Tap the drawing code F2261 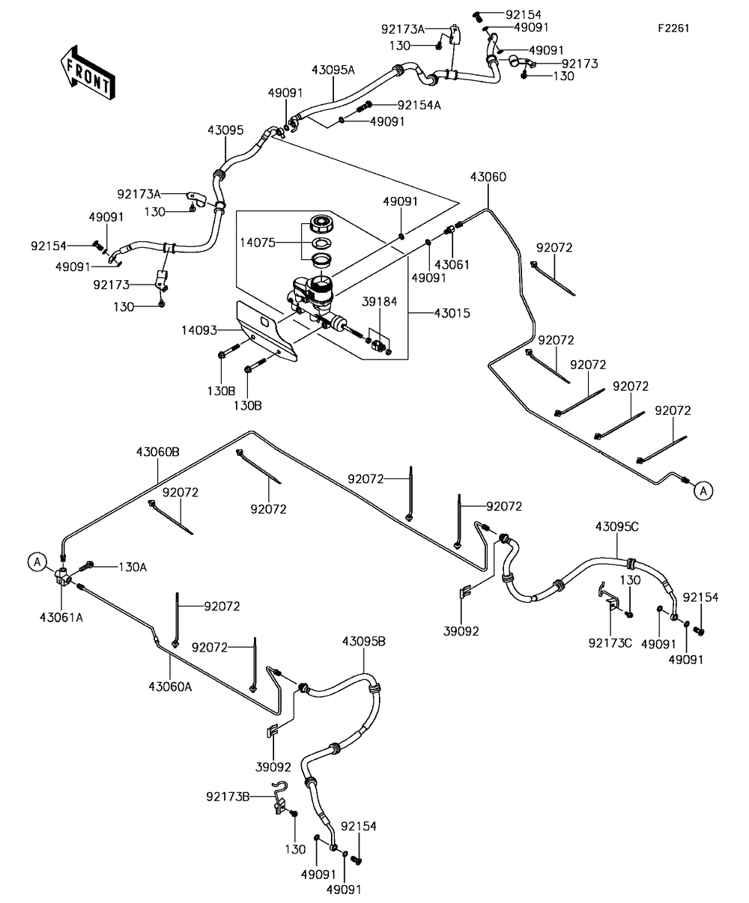[x=673, y=28]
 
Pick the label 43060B [x=157, y=452]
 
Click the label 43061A [x=61, y=617]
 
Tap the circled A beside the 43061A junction [x=37, y=561]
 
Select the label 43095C [x=617, y=526]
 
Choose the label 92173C [x=610, y=642]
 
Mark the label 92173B [x=228, y=796]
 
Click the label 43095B [x=364, y=641]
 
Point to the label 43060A [x=170, y=686]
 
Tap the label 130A [x=133, y=567]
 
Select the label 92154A [x=419, y=105]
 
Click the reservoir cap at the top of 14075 [x=324, y=222]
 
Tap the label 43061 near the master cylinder [x=450, y=264]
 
